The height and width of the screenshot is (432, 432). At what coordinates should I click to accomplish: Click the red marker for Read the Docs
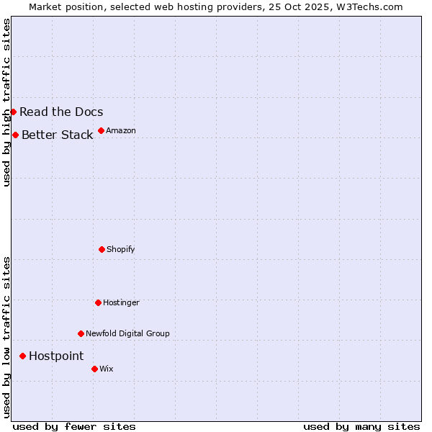click(x=13, y=112)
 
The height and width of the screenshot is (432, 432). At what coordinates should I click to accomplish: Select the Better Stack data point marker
click(x=15, y=135)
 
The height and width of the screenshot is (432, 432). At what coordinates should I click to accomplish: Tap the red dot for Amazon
click(x=101, y=130)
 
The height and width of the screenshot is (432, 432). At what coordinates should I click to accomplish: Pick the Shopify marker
click(x=102, y=249)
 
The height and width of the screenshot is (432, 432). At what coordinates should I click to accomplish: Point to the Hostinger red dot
click(x=98, y=302)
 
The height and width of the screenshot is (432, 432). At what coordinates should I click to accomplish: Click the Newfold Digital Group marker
click(x=81, y=333)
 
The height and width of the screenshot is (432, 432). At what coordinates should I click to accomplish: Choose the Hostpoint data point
click(x=22, y=356)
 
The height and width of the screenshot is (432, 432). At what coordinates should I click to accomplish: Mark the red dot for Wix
click(x=94, y=369)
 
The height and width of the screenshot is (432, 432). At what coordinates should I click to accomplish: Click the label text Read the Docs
click(x=61, y=112)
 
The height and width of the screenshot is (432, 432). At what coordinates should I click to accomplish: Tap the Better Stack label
click(x=57, y=135)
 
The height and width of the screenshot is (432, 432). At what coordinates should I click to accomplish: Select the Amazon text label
click(x=121, y=130)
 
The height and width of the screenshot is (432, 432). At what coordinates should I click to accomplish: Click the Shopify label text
click(x=121, y=249)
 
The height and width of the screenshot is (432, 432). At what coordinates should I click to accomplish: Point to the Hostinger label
click(x=121, y=302)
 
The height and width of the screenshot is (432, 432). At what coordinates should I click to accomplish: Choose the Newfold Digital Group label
click(x=127, y=333)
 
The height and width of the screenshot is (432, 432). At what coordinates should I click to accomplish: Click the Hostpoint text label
click(x=56, y=356)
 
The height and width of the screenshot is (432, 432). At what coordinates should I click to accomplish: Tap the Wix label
click(x=106, y=369)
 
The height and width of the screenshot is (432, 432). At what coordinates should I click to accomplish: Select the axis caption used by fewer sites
click(x=74, y=426)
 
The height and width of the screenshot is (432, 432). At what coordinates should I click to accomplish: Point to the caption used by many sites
click(x=361, y=426)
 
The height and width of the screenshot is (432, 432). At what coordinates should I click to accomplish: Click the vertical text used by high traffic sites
click(x=6, y=102)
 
